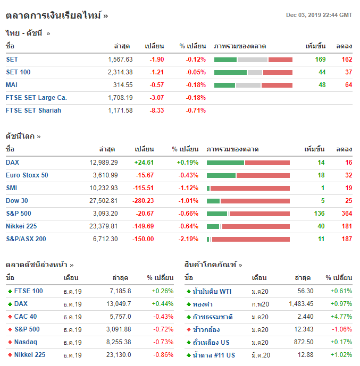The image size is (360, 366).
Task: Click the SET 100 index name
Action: click(x=18, y=72)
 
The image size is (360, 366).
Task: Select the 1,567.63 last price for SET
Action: click(x=120, y=59)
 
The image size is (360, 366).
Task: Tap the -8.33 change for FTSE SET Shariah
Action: click(x=157, y=110)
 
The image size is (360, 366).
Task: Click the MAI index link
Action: click(x=12, y=85)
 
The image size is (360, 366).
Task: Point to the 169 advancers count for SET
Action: click(x=320, y=59)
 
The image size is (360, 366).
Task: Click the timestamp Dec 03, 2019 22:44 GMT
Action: click(x=319, y=15)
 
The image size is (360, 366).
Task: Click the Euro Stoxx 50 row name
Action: click(x=27, y=175)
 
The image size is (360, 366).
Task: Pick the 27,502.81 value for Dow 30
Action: click(x=101, y=201)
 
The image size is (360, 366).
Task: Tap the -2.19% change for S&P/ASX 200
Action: click(x=188, y=239)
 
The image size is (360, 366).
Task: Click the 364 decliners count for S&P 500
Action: click(x=346, y=214)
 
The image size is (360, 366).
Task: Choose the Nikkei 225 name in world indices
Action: click(x=21, y=226)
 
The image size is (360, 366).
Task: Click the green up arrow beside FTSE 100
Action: click(x=10, y=291)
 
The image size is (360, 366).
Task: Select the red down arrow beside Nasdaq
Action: click(x=10, y=342)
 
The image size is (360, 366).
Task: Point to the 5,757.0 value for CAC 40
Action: click(x=120, y=317)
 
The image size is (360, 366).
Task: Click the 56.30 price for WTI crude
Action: click(x=305, y=291)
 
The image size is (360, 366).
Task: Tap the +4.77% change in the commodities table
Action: click(x=341, y=317)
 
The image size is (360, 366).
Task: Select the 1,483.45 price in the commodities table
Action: click(x=301, y=304)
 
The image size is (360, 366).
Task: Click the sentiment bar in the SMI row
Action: click(x=248, y=188)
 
